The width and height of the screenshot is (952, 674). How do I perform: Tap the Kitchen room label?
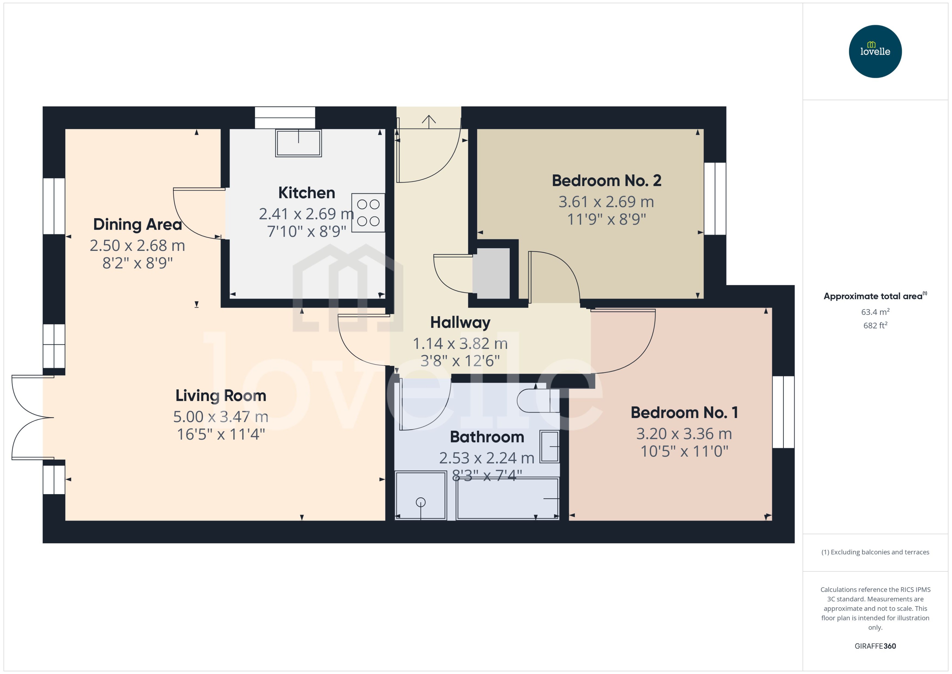click(307, 193)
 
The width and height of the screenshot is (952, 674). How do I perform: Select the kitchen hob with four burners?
click(368, 213)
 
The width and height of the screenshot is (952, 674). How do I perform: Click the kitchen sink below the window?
click(298, 143)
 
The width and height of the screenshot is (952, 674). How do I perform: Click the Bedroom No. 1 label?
click(684, 413)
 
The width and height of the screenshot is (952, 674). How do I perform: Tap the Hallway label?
click(460, 322)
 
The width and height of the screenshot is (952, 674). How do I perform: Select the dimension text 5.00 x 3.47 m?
click(221, 417)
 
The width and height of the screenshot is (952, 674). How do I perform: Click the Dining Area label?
click(137, 224)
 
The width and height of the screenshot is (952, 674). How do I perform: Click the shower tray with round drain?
click(421, 495)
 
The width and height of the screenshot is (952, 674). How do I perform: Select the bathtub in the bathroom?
click(507, 498)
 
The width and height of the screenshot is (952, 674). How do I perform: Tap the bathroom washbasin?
click(549, 447)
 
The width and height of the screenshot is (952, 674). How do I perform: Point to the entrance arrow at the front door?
click(428, 120)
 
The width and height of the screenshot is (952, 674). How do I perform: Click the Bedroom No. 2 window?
click(715, 198)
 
